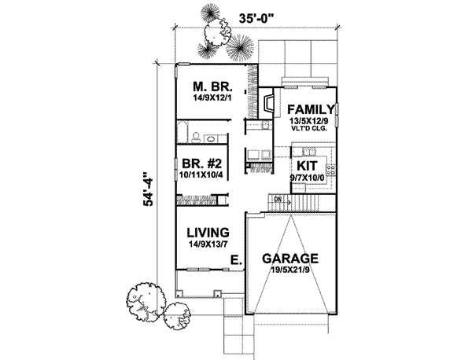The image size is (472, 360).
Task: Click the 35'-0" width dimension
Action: (257, 18)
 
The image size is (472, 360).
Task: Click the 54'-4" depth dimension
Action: (148, 189)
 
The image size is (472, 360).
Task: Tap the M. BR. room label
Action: (212, 87)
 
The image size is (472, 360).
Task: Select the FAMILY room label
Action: (311, 109)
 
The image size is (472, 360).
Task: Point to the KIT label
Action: (307, 166)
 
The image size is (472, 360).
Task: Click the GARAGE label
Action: (290, 259)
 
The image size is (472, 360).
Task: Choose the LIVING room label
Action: (208, 233)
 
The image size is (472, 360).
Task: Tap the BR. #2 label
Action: (202, 164)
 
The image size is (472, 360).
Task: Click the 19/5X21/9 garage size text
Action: (289, 270)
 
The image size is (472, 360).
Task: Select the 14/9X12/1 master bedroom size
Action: (212, 98)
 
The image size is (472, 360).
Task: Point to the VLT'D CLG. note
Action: (309, 128)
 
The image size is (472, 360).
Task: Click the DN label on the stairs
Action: (278, 199)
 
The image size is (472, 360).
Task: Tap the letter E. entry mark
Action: (236, 259)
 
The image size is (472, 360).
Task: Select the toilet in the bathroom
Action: (196, 137)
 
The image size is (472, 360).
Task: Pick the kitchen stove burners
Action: (331, 171)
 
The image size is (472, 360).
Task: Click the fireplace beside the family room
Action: (267, 103)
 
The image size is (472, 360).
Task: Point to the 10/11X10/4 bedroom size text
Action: (201, 175)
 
